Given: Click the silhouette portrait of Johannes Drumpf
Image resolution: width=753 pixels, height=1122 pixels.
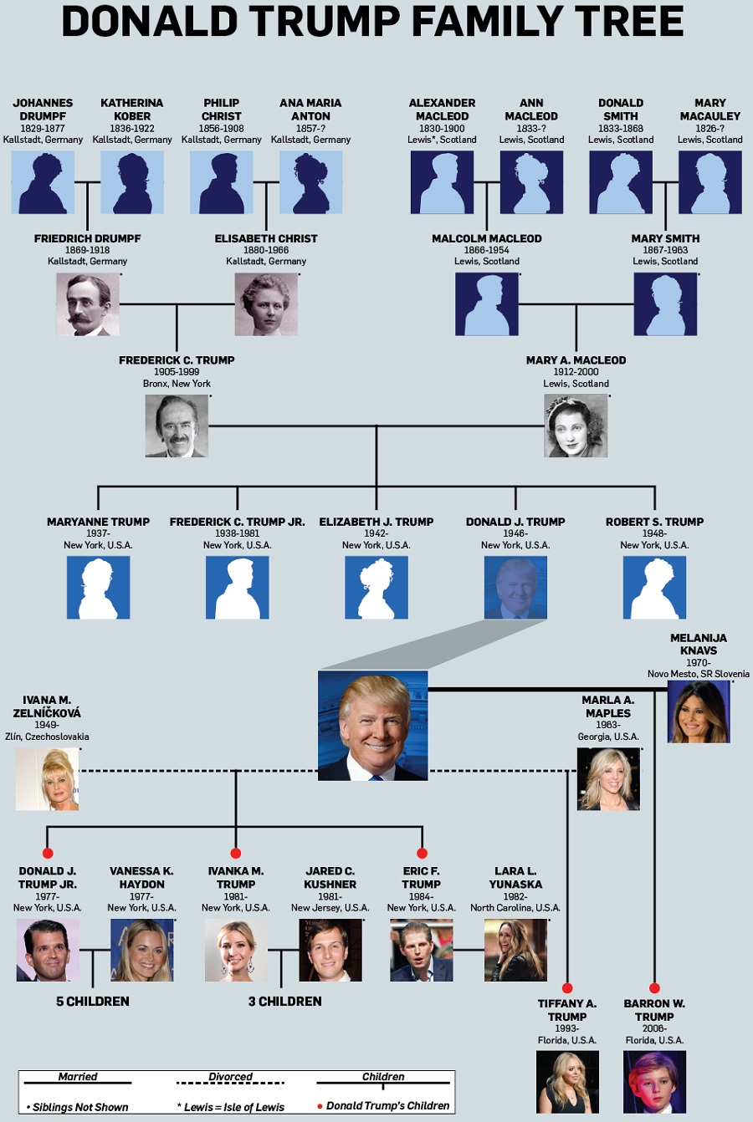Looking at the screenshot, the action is point(43,182).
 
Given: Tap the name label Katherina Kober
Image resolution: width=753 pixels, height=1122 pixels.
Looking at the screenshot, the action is point(132,110).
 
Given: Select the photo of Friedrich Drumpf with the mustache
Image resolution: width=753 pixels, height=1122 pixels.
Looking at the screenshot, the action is point(88,304).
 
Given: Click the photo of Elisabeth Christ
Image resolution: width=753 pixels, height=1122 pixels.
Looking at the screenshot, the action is point(266,304).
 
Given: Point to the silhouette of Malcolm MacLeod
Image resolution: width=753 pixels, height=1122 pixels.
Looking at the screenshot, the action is point(487,304).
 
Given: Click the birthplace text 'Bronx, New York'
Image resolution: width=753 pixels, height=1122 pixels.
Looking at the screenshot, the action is point(177,384).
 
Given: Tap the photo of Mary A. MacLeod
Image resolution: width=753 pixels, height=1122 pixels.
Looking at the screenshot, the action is point(576,426).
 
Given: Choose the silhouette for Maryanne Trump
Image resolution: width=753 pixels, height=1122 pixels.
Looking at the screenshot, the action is point(98,588).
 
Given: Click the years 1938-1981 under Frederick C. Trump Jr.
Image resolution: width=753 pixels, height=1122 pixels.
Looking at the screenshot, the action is point(237,533).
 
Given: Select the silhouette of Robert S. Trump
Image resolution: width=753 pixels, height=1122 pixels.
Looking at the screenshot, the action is point(654,588).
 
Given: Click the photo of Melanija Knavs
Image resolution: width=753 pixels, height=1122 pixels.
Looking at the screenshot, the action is point(699,711).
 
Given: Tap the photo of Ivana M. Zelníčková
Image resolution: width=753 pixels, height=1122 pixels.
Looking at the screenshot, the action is point(47,779).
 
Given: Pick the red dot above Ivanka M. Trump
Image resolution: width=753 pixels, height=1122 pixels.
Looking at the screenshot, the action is point(236,853).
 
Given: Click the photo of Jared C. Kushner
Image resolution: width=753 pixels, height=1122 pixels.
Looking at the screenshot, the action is point(330,951).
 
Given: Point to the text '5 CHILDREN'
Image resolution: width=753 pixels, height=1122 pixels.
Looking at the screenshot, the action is point(93,1002).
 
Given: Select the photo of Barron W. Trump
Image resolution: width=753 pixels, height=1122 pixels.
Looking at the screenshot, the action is point(654,1082).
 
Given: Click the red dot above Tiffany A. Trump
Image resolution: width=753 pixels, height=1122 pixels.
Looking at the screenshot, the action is point(567,988).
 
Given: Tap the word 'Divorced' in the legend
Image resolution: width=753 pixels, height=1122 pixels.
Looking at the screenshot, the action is point(231,1076).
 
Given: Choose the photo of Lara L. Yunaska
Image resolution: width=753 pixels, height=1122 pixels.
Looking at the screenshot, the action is point(515,951).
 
